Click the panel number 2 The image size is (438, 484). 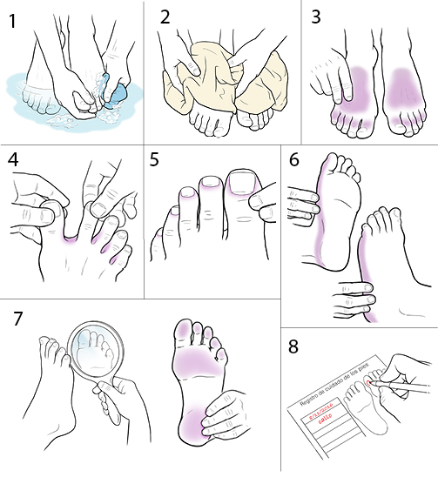pos(166,17)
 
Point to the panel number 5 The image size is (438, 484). pos(155,160)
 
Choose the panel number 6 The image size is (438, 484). pos(293,162)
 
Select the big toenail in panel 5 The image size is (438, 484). pos(241,185)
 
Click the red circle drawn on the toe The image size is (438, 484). pos(372,381)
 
